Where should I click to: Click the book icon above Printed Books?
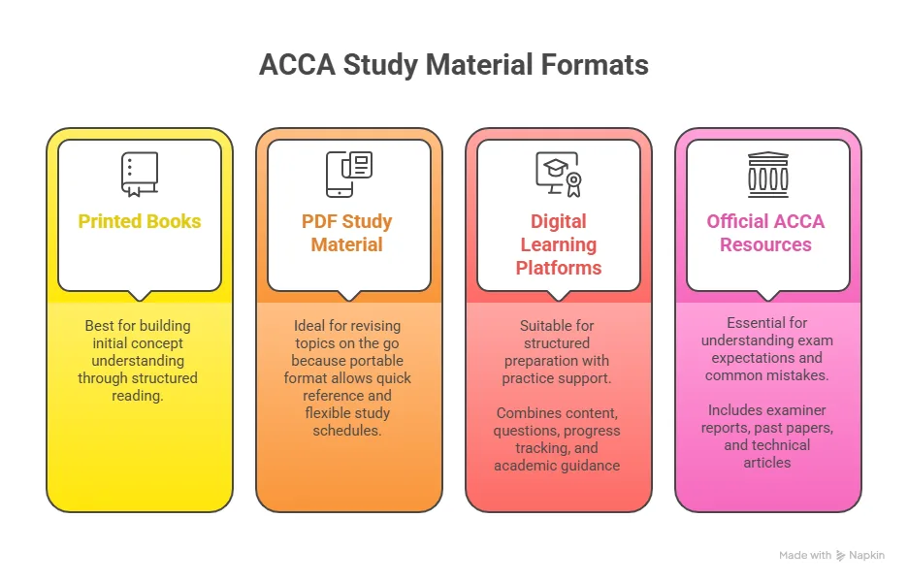pos(139,175)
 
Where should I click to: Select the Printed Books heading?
pos(140,221)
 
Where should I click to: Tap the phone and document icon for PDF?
pos(348,175)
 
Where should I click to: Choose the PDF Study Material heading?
pos(347,233)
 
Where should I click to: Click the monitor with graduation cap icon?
pos(558,175)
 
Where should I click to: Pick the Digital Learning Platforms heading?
pos(559,244)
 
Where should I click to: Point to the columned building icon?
pos(767,175)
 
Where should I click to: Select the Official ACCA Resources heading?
pos(766,233)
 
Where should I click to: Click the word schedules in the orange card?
pos(347,430)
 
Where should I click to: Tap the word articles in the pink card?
pos(767,463)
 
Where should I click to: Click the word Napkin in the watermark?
pos(866,556)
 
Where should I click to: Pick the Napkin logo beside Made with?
pos(841,556)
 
